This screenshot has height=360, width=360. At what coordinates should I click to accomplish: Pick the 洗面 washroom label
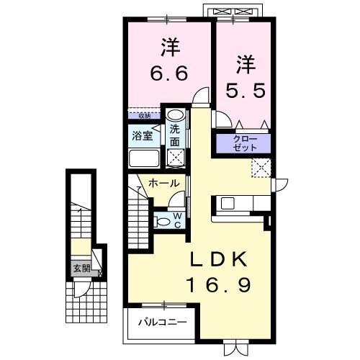pyautogui.click(x=175, y=135)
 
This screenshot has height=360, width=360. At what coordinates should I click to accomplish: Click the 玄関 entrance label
pyautogui.click(x=81, y=269)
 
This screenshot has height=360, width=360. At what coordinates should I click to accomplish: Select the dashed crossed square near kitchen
pyautogui.click(x=259, y=168)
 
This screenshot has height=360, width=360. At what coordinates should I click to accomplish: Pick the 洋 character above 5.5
pyautogui.click(x=245, y=63)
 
